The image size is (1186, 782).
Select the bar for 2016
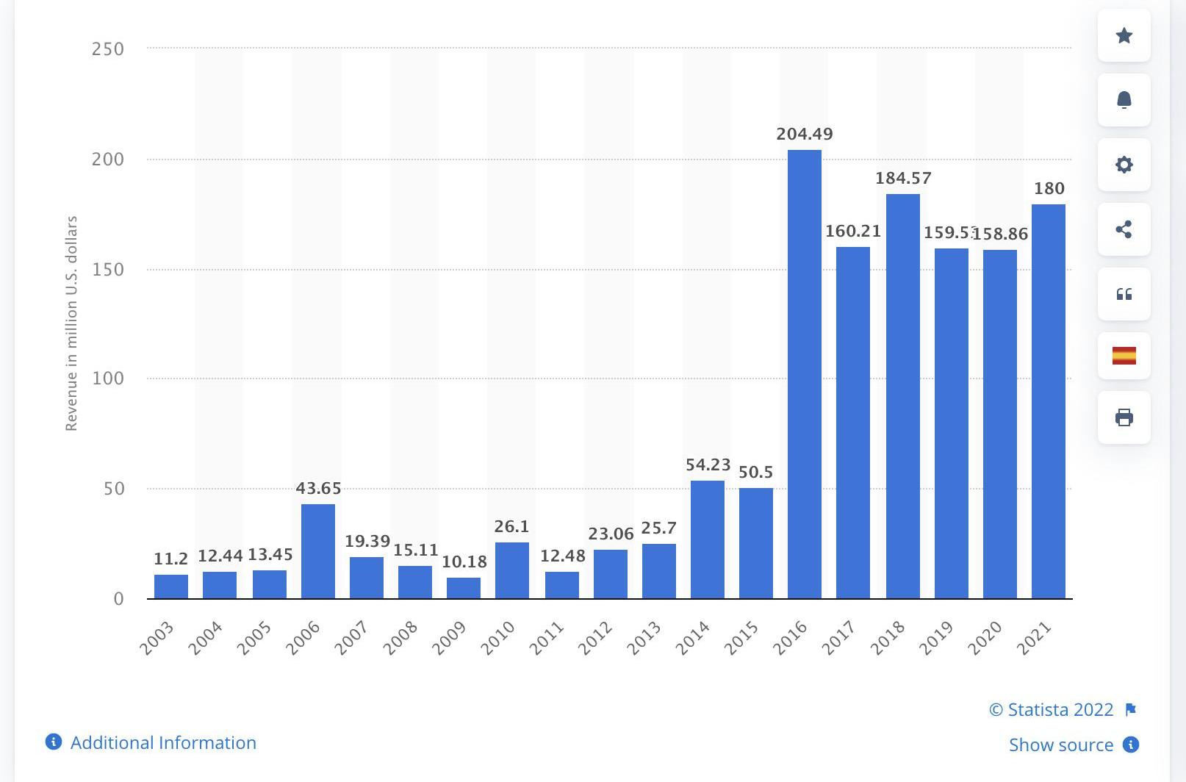[x=804, y=374]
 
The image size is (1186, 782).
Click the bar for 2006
[x=317, y=551]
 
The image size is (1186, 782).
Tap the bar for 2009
[x=463, y=588]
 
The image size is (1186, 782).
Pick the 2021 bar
[x=1048, y=401]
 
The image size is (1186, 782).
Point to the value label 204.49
[x=804, y=134]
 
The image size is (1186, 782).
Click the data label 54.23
[x=708, y=464]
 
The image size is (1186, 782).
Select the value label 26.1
[x=511, y=526]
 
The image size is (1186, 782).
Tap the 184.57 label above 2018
[x=902, y=178]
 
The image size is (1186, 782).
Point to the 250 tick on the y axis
[x=107, y=49]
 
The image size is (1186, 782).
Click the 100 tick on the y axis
[x=107, y=379]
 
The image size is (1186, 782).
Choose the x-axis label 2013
[x=644, y=638]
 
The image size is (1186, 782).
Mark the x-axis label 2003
[x=157, y=638]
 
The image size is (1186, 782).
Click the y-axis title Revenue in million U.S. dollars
[x=71, y=323]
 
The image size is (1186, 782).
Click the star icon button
[x=1124, y=35]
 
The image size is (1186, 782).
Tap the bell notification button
[x=1124, y=100]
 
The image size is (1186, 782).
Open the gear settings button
[x=1124, y=165]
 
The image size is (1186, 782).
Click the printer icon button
[x=1124, y=417]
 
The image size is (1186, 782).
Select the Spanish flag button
[x=1124, y=356]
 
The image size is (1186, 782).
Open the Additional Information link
[x=162, y=742]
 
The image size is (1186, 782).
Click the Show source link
[x=1060, y=745]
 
